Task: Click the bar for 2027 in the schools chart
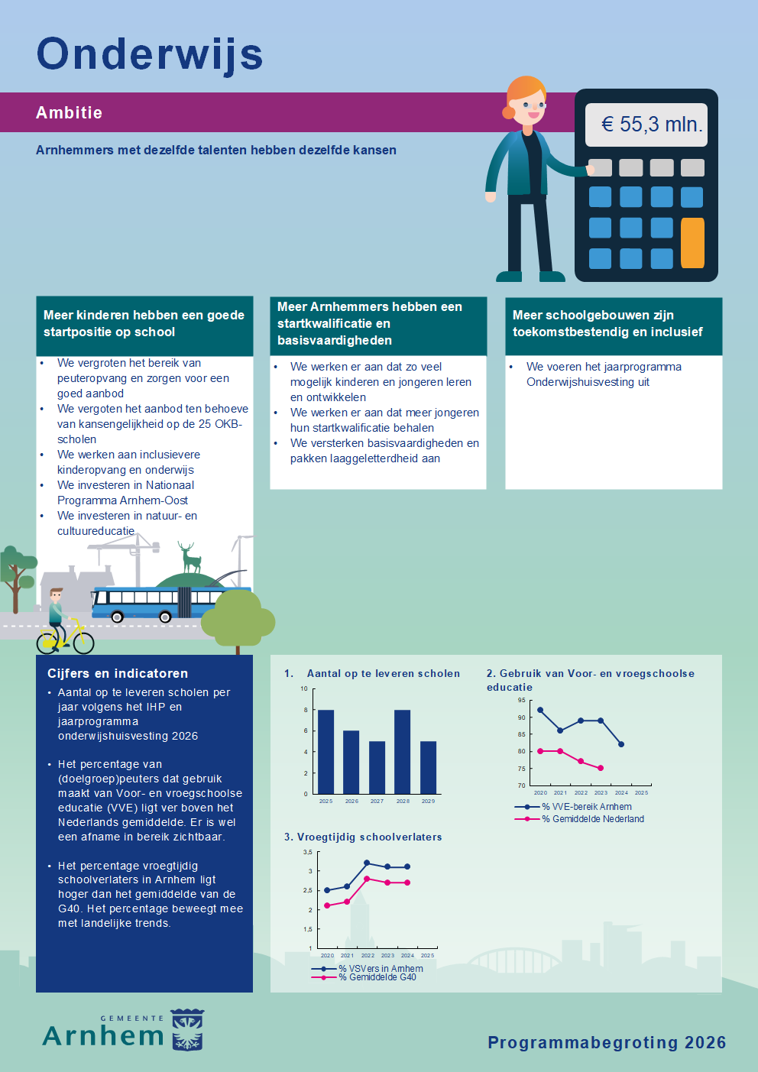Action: (x=377, y=767)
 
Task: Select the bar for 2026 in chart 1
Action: (x=351, y=762)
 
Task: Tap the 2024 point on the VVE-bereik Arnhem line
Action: (x=621, y=744)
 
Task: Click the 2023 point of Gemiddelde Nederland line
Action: (x=601, y=768)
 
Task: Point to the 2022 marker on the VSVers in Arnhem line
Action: (x=367, y=863)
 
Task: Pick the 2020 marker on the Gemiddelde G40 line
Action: (x=327, y=905)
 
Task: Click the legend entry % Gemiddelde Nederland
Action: (x=592, y=819)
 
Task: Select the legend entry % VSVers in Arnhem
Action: (x=380, y=969)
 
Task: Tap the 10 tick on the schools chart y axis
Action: (x=304, y=689)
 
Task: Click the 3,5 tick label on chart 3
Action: (x=307, y=852)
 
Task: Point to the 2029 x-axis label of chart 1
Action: (x=428, y=802)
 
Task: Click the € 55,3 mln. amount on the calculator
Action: (x=650, y=125)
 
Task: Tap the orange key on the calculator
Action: (x=692, y=243)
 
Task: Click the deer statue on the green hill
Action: (x=190, y=559)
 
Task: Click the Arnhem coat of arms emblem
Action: (x=187, y=1030)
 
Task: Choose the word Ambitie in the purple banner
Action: (x=69, y=113)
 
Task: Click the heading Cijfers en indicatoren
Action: (x=118, y=673)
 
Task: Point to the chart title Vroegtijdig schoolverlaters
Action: (x=369, y=837)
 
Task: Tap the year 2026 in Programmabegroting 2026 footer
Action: (x=705, y=1043)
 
